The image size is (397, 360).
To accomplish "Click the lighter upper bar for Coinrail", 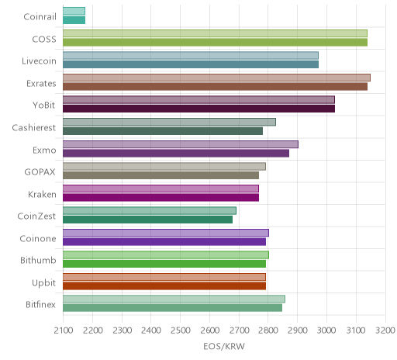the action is (x=74, y=11).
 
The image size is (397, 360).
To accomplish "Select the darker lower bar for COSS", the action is (x=215, y=43).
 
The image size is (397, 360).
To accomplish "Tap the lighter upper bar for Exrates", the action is (x=216, y=78).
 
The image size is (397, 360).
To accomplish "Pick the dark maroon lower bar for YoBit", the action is (x=198, y=109).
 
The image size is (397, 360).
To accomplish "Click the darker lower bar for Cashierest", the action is (x=163, y=131).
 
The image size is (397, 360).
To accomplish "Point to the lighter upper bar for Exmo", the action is (x=181, y=144).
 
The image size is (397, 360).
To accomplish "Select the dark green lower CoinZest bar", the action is (x=147, y=220).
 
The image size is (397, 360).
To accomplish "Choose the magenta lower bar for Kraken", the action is (x=161, y=197).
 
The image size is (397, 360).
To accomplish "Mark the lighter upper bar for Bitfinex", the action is (x=174, y=299).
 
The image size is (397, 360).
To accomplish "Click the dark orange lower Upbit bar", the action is (x=164, y=286).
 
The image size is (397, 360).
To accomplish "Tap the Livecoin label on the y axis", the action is (x=39, y=61).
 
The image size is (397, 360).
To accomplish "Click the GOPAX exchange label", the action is (x=40, y=172).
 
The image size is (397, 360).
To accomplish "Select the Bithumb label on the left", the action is (x=38, y=260).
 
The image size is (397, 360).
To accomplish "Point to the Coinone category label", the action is (x=38, y=238).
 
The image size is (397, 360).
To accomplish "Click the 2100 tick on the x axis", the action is (x=64, y=331).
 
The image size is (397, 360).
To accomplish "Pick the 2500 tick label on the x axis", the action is (x=181, y=331).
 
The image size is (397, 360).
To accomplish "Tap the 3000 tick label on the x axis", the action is (x=326, y=331).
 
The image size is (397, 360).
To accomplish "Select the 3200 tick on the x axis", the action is (x=385, y=331).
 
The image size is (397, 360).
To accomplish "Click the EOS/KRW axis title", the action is (x=224, y=346).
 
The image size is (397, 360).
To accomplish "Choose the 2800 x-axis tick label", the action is (x=268, y=331).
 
